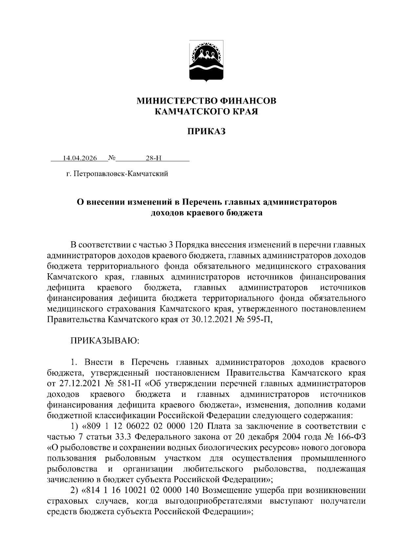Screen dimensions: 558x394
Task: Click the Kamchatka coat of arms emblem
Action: pos(207,61)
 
